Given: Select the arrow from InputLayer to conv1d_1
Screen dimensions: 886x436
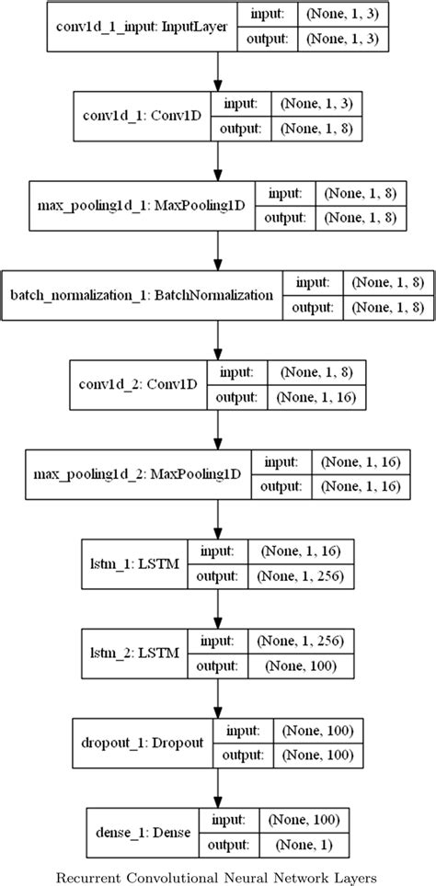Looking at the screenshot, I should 218,72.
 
